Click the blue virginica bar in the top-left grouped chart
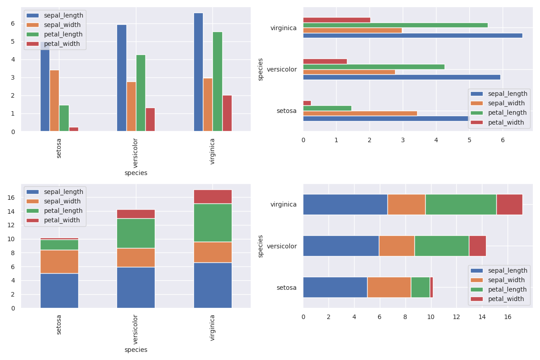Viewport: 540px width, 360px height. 198,72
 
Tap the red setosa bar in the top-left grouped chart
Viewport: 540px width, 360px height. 74,129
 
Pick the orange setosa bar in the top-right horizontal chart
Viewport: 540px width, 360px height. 360,113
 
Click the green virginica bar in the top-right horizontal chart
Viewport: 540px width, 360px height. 395,25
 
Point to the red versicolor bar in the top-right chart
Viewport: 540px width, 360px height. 325,61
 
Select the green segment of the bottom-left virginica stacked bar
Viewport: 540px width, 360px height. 213,223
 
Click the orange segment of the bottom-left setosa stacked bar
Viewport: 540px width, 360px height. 59,261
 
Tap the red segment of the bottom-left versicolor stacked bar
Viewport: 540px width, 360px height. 136,214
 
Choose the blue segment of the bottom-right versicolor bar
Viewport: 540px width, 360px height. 341,246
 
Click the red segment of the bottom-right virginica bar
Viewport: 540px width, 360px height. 509,204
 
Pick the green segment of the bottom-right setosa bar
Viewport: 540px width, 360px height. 420,287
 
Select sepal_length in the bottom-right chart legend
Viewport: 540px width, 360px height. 508,270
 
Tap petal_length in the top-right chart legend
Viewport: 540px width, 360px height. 507,112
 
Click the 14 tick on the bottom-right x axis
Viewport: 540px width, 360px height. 482,317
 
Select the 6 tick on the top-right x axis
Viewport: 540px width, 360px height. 503,140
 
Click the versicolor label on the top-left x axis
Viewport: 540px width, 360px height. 136,153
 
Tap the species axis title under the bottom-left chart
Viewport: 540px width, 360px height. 136,350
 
